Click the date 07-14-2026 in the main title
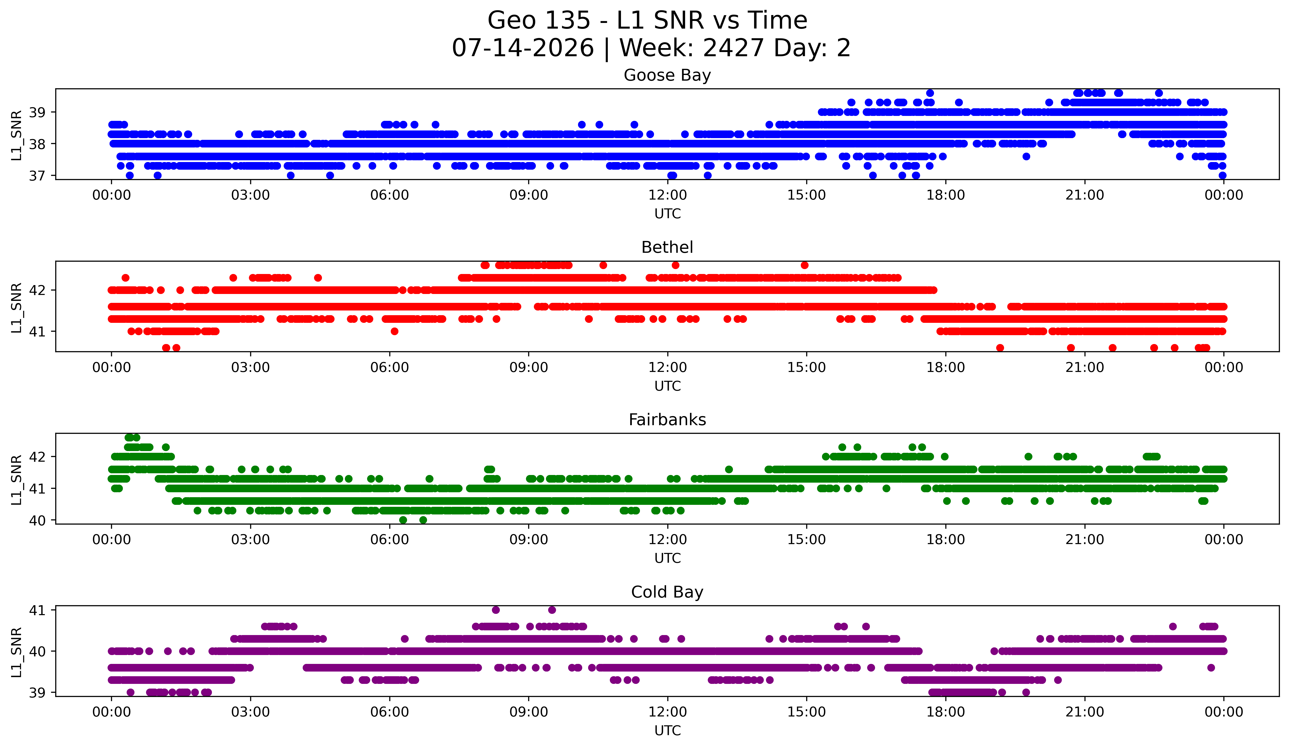(x=523, y=48)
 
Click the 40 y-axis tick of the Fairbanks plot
(x=37, y=520)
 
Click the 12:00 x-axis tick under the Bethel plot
(x=668, y=367)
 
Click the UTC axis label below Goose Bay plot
(x=668, y=214)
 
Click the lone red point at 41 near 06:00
(x=394, y=331)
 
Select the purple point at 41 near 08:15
(x=496, y=610)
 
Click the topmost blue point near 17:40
(x=930, y=93)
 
